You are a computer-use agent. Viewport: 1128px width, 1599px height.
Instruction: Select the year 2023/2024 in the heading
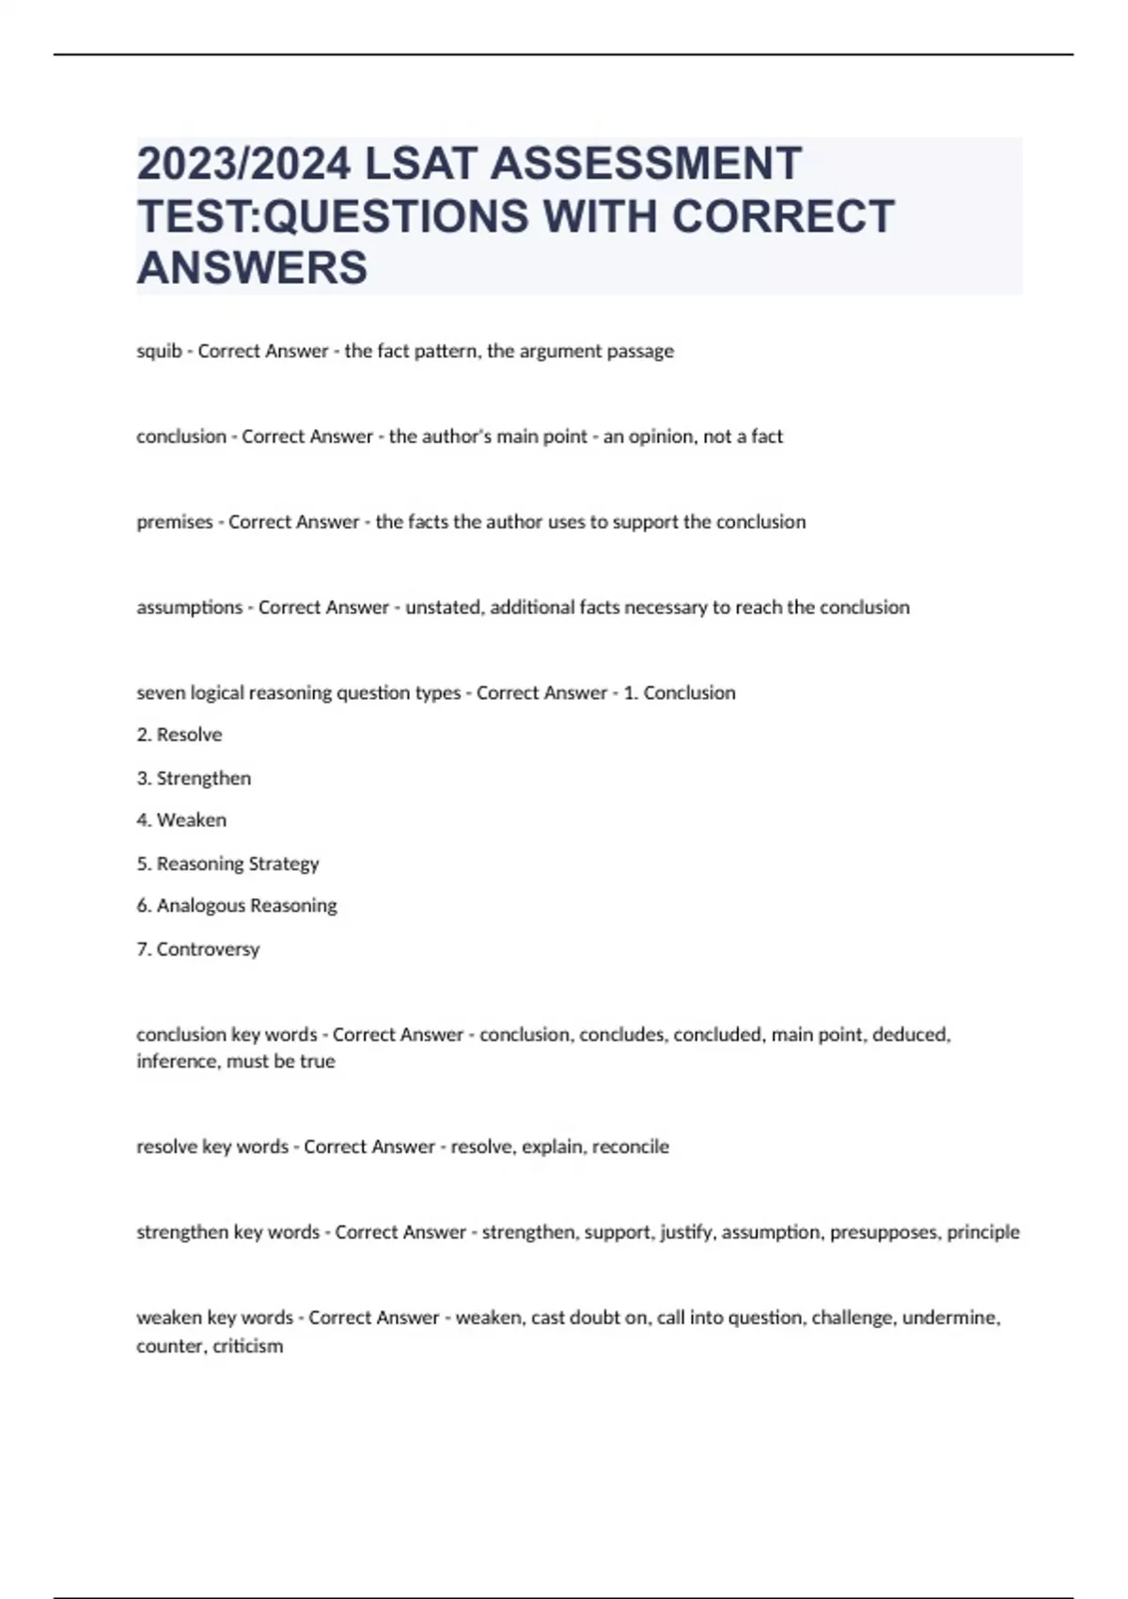point(244,164)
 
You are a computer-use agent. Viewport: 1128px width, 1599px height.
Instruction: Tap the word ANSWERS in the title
point(252,267)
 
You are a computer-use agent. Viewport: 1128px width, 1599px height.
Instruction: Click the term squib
point(159,351)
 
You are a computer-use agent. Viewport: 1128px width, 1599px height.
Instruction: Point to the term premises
point(175,522)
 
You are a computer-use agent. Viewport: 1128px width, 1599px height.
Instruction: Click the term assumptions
point(190,608)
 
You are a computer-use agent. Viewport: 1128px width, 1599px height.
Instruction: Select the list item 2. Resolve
point(180,735)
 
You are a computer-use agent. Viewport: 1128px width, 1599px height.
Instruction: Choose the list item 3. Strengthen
point(194,778)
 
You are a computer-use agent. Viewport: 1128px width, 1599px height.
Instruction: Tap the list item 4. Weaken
point(181,820)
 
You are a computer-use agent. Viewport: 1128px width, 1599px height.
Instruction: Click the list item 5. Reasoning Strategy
point(227,863)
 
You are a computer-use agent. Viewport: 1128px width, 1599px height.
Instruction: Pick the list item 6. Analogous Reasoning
point(237,906)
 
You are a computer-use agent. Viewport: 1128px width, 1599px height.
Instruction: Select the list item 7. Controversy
point(197,949)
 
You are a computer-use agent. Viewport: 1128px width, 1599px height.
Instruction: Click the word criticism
point(247,1346)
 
